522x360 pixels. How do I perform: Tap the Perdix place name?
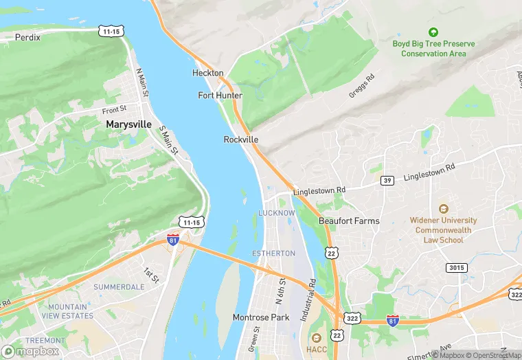[27, 37]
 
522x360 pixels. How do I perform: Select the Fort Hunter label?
[220, 95]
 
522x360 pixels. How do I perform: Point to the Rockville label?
[241, 139]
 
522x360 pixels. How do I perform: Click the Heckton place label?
[207, 73]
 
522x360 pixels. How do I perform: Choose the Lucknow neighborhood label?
[276, 213]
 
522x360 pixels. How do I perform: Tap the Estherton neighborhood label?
[273, 253]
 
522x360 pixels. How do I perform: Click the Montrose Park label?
[260, 317]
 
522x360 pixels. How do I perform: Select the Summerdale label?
[118, 286]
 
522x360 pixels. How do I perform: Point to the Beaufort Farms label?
[349, 221]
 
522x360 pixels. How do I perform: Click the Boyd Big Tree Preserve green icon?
[433, 32]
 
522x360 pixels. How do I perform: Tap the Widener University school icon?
[443, 208]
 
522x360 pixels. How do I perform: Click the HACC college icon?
[316, 338]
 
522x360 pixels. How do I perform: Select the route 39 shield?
[387, 180]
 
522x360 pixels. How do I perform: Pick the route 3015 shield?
[455, 267]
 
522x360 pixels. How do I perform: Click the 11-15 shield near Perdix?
[111, 31]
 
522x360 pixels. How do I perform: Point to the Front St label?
[115, 109]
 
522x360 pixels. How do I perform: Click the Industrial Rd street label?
[313, 291]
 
